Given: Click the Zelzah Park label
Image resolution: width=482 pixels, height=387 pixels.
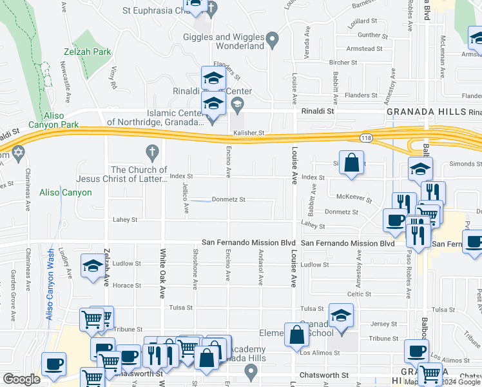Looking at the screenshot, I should click(88, 52).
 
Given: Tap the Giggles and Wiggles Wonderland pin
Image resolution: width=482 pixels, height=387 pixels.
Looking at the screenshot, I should click(273, 40).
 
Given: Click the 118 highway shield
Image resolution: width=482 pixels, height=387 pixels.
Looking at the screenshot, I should click(365, 138).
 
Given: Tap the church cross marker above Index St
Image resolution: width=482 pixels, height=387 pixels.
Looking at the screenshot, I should click(152, 154).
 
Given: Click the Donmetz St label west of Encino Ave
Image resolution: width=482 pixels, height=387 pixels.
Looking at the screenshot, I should click(229, 200).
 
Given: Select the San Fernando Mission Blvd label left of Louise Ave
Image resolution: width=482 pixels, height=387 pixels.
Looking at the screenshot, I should click(249, 243).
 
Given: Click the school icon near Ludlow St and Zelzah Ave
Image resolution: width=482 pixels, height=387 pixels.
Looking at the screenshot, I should click(92, 265).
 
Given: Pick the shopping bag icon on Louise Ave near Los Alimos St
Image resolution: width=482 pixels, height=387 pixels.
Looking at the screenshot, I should click(296, 335).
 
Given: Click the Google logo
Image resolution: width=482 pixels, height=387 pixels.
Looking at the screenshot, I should click(21, 379).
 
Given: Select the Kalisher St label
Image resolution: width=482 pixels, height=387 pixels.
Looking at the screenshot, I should click(249, 133).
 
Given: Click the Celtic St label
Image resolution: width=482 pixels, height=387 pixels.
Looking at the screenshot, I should click(358, 293).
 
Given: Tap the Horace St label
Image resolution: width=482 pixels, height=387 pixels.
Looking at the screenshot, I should click(126, 285).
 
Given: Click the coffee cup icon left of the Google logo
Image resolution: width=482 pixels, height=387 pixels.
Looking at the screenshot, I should click(53, 363).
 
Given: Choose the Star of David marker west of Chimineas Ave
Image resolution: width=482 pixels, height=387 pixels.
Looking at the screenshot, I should click(18, 154).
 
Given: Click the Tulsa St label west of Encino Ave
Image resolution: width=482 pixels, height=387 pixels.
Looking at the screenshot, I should click(181, 308).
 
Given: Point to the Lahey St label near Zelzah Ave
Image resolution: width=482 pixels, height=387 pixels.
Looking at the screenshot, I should click(125, 220).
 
